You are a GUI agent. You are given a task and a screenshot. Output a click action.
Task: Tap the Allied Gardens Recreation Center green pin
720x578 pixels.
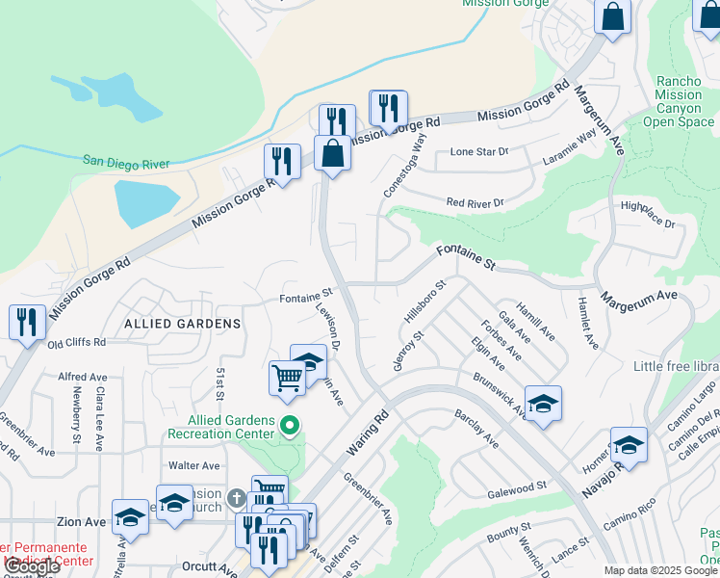[287, 425]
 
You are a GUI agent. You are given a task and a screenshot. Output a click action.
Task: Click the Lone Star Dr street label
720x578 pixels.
[478, 152]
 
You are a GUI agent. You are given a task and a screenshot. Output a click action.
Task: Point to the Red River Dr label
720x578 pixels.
[475, 202]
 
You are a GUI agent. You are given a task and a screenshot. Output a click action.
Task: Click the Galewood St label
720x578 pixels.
[517, 488]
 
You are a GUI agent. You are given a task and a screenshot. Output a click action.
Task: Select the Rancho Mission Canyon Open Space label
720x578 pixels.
[679, 102]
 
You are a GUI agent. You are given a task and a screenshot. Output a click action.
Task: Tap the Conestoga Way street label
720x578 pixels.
[405, 165]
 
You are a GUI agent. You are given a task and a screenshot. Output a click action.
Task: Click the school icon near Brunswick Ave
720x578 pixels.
[543, 404]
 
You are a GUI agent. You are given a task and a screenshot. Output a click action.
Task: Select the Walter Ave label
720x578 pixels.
[193, 465]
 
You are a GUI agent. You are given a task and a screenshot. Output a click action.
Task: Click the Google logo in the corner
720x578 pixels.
[32, 566]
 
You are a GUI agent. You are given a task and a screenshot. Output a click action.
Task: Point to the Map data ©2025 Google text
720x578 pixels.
[661, 570]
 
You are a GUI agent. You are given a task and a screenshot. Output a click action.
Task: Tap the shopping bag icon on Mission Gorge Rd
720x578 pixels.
[332, 153]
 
